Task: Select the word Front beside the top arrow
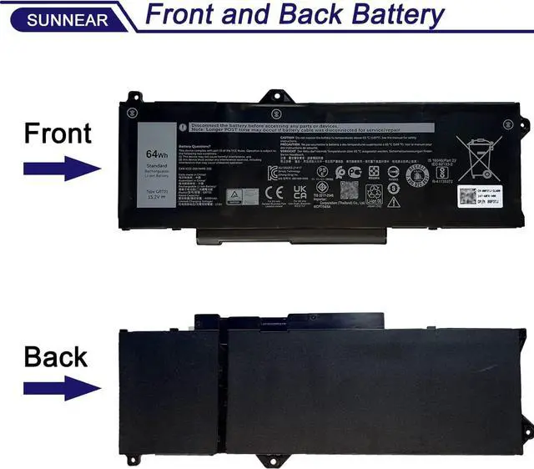tap(58, 133)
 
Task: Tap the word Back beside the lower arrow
tap(55, 356)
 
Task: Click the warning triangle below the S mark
tap(392, 201)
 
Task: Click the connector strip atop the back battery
tap(289, 321)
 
